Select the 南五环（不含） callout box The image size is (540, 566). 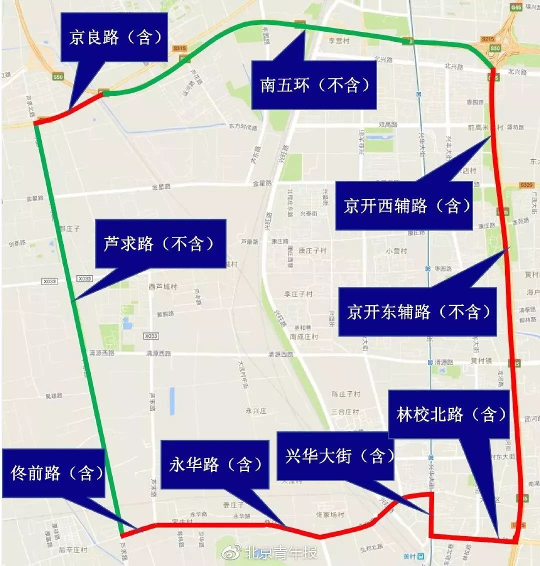tap(313, 85)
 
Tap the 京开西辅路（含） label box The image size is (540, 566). tap(404, 205)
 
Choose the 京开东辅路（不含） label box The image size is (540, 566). tap(417, 311)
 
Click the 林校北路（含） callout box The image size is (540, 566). tap(449, 414)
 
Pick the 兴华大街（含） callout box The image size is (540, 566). tap(334, 456)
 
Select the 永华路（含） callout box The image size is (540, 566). tap(215, 464)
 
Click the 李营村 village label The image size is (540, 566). tap(338, 41)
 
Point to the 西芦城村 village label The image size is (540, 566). tap(163, 286)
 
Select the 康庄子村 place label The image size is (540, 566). tap(312, 250)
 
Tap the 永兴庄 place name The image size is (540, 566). tap(256, 410)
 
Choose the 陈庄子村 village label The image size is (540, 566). tap(346, 394)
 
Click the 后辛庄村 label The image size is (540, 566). tap(73, 549)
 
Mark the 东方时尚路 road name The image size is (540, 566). tap(242, 127)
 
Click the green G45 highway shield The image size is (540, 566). tap(515, 7)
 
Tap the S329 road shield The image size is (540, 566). tap(526, 185)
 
